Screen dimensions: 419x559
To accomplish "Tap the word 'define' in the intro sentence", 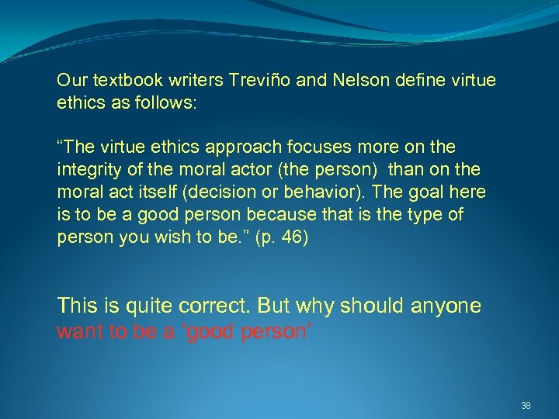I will tap(406, 80).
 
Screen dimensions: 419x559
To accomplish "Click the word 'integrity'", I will tap(85, 169).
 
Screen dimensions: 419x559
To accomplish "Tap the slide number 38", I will tap(526, 405).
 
